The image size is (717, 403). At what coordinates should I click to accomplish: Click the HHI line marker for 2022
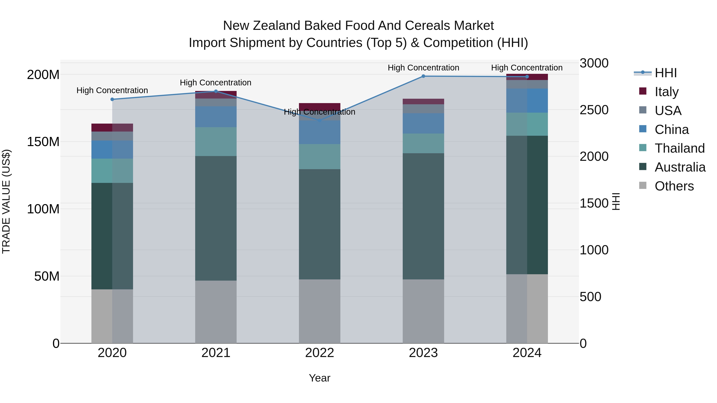tap(319, 120)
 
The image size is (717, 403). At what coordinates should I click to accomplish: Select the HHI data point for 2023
tap(423, 76)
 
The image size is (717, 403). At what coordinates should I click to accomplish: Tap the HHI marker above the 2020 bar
tap(112, 99)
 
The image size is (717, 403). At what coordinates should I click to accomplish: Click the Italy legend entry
tap(666, 92)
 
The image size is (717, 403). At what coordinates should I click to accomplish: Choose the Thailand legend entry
tap(679, 148)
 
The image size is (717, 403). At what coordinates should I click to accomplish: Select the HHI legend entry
tap(665, 73)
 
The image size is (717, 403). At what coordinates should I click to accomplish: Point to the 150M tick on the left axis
tap(43, 142)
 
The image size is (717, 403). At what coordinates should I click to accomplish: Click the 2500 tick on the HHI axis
tap(594, 110)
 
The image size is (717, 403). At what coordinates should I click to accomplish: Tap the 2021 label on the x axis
tap(216, 353)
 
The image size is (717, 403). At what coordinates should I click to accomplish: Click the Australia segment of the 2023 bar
tap(423, 216)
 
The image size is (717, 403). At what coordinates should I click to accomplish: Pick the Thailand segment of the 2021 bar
tap(216, 141)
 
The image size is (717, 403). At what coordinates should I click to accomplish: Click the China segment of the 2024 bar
tap(527, 101)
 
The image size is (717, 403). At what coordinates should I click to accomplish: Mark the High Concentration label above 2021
tap(215, 83)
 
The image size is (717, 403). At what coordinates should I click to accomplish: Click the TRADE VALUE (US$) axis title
tap(6, 201)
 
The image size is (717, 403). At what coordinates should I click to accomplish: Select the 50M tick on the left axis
tap(47, 276)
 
